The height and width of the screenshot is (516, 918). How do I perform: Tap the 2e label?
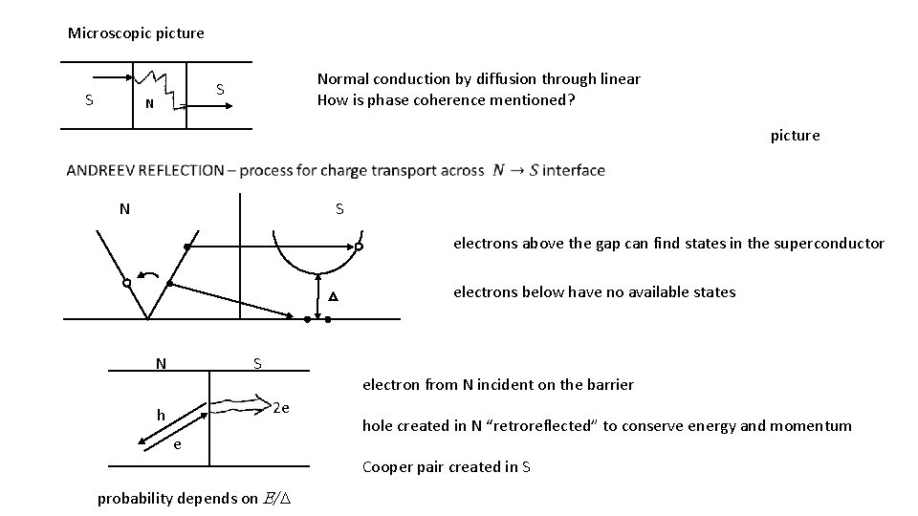pos(281,409)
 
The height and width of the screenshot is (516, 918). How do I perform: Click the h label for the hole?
pos(162,416)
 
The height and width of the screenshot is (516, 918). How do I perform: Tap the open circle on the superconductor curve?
pos(359,247)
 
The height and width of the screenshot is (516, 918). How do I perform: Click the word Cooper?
pos(384,467)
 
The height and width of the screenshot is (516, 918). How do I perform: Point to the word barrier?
pos(609,385)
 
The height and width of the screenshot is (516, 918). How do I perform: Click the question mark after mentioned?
pos(571,100)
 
